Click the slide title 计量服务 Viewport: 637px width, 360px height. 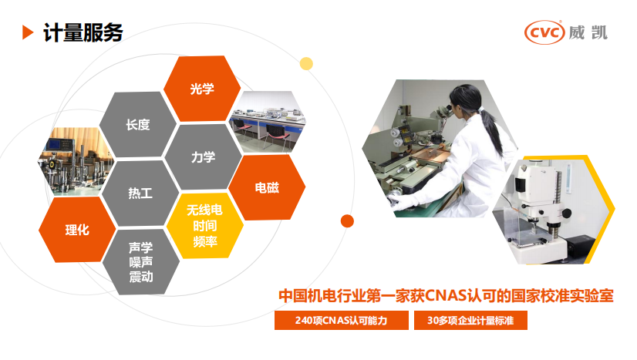tap(83, 32)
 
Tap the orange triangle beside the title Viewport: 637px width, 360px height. tap(28, 32)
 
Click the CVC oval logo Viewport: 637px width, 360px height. tap(544, 32)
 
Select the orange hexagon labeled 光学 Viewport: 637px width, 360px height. tap(202, 89)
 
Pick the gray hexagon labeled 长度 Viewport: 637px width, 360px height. tap(137, 124)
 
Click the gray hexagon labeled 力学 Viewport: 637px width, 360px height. tap(203, 157)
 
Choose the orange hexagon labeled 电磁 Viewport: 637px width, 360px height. tap(268, 188)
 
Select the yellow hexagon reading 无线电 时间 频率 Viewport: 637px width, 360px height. tap(205, 225)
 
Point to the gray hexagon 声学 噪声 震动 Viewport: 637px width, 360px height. tap(140, 262)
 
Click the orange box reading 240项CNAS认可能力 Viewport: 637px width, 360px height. tap(340, 320)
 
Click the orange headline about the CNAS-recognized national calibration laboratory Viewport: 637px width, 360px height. tap(446, 296)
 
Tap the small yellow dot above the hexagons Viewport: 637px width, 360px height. tap(306, 63)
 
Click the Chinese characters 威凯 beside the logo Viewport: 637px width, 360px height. tap(590, 32)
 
